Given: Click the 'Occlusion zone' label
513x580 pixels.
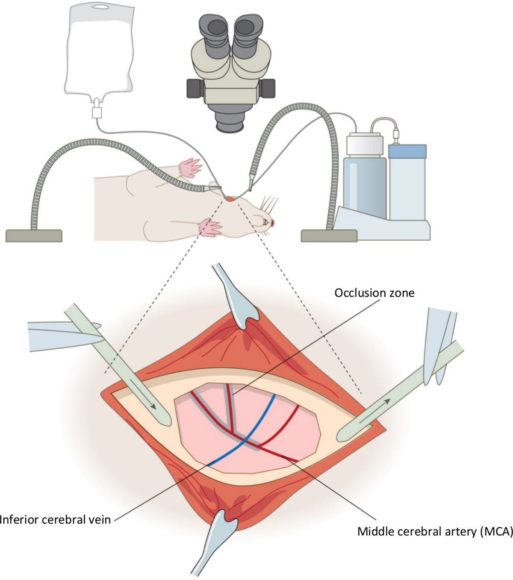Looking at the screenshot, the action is click(374, 293).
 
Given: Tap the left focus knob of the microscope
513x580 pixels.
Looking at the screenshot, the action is click(196, 89).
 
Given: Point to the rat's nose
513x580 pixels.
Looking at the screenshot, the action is click(272, 222).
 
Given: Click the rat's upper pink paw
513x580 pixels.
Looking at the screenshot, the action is click(190, 168).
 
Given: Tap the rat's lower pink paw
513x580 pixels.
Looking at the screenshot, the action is click(210, 227).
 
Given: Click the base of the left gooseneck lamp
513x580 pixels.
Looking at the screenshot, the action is click(34, 236).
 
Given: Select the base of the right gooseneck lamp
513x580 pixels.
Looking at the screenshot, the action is click(329, 236).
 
